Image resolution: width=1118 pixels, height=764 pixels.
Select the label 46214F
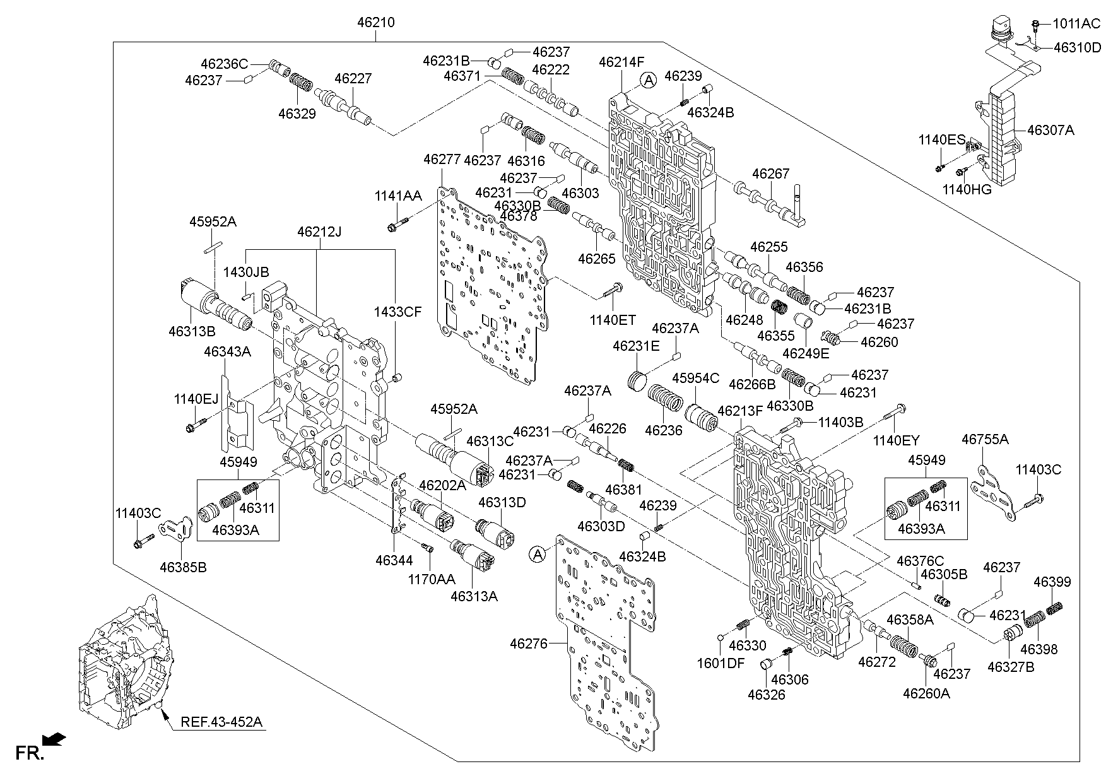pyautogui.click(x=621, y=62)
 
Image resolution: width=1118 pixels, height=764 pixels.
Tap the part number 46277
pyautogui.click(x=442, y=159)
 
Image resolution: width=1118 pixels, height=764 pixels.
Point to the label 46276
pyautogui.click(x=529, y=644)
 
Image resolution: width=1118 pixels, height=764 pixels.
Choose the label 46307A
pyautogui.click(x=1050, y=131)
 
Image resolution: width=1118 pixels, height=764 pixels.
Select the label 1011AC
pyautogui.click(x=1076, y=24)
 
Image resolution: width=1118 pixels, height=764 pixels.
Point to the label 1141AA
pyautogui.click(x=398, y=196)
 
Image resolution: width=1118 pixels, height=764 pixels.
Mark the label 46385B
pyautogui.click(x=183, y=567)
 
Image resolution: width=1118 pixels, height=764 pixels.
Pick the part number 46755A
pyautogui.click(x=985, y=439)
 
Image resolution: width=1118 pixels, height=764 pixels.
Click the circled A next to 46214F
pyautogui.click(x=648, y=79)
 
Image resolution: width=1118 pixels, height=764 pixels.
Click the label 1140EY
pyautogui.click(x=897, y=441)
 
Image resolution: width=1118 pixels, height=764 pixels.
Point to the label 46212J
pyautogui.click(x=319, y=232)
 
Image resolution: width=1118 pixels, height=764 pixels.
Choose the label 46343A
pyautogui.click(x=227, y=351)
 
